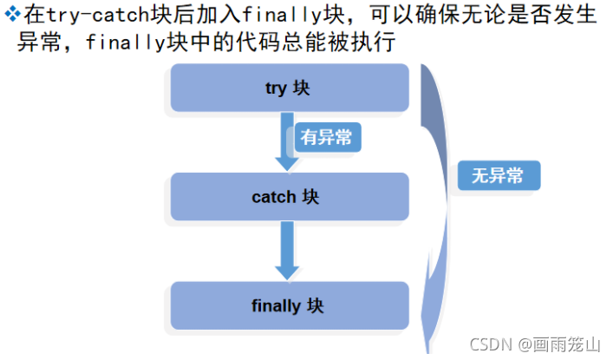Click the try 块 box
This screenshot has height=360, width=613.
pos(289,88)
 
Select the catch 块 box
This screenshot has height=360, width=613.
pos(289,196)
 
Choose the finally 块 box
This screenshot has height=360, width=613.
pos(289,305)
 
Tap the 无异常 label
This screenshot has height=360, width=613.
pos(498,175)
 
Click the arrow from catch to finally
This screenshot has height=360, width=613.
pos(284,250)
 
